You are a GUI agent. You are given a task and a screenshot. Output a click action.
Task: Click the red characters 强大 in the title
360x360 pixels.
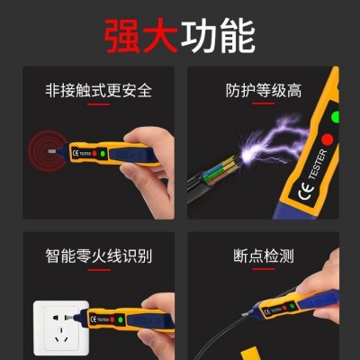pos(141,36)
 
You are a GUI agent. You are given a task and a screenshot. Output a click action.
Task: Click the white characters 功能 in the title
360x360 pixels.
pos(218,36)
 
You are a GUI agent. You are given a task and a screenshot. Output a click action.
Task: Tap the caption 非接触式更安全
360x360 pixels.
pos(99,90)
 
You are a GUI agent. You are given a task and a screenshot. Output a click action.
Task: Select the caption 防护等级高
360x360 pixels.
pos(264,90)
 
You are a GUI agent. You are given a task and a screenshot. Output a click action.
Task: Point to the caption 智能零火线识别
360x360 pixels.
pos(99,256)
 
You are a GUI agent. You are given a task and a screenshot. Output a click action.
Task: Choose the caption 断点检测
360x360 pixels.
pos(264,256)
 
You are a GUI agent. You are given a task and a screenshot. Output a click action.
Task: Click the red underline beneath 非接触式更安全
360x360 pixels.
pos(99,104)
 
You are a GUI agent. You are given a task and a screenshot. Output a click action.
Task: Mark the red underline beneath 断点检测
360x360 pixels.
pos(264,269)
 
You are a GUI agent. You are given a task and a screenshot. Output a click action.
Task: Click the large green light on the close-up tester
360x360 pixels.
pos(335,117)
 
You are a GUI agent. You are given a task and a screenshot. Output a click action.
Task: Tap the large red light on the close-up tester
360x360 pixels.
pos(327,139)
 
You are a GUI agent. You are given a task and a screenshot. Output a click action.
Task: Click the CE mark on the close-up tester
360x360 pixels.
pos(306,191)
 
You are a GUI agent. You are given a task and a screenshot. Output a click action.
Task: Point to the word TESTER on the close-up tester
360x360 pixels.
pos(318,164)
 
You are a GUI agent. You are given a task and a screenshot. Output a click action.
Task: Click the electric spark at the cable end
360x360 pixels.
pos(248,155)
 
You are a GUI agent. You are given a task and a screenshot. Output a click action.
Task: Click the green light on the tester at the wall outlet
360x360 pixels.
pos(121,319)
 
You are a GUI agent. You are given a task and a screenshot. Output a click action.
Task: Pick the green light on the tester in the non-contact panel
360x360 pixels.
pos(103,154)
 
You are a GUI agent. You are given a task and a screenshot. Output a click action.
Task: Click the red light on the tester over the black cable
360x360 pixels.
pos(283,309)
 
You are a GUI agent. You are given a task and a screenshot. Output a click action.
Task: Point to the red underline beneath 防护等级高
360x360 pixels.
pos(264,103)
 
